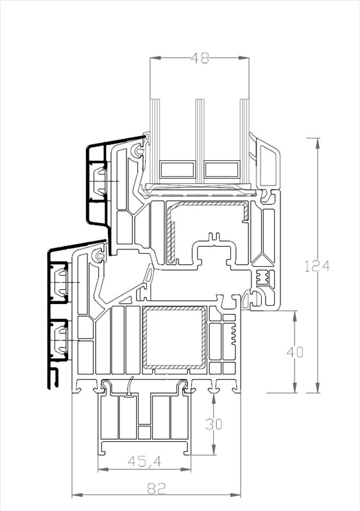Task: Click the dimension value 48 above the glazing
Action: [200, 58]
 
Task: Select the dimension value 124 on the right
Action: [317, 266]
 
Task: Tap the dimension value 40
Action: [295, 352]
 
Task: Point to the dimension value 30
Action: [214, 424]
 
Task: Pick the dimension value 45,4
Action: [144, 461]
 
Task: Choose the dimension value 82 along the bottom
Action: [157, 488]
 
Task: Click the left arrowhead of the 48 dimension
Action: [155, 58]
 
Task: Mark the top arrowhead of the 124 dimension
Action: [317, 143]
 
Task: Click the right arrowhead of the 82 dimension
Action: [236, 495]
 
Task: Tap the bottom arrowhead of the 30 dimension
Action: [213, 449]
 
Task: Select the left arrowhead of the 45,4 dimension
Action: [103, 469]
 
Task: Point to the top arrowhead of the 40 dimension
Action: [295, 315]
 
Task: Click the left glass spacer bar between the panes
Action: [178, 169]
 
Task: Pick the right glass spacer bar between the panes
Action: [222, 169]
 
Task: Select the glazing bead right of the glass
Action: [265, 163]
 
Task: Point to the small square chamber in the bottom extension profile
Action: [144, 433]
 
